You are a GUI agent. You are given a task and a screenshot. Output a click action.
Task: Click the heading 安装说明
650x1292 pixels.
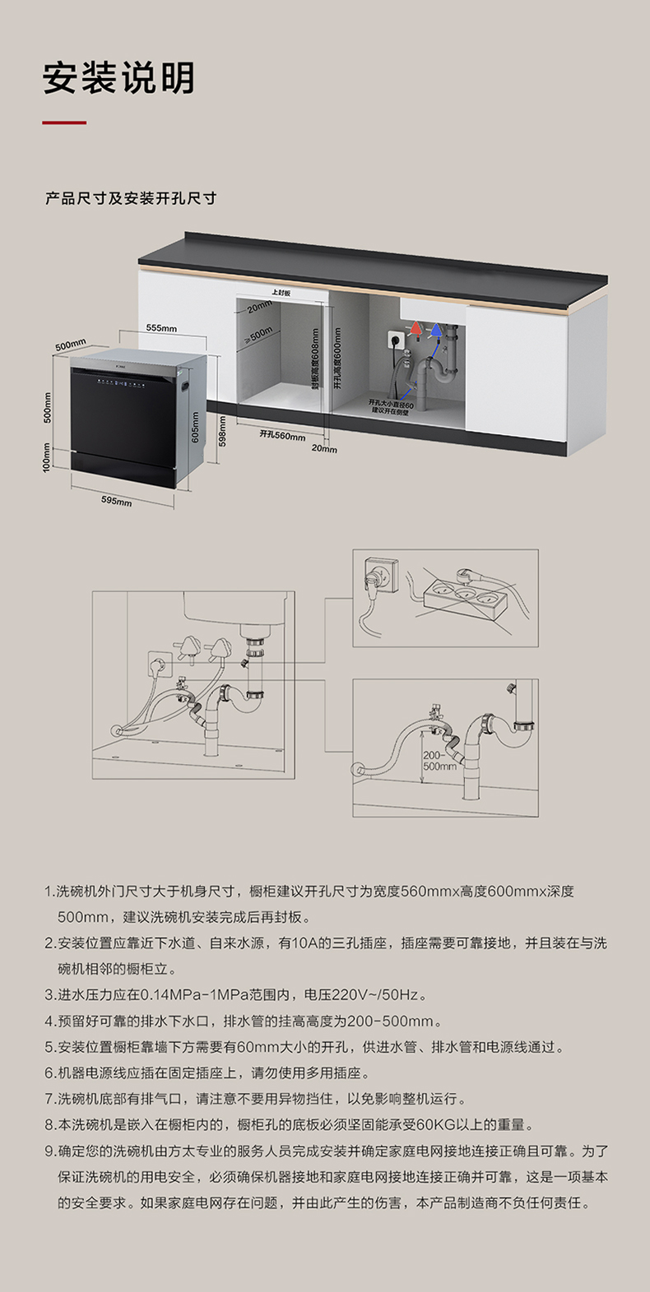click(x=118, y=78)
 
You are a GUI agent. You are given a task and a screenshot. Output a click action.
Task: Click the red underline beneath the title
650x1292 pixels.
click(x=64, y=123)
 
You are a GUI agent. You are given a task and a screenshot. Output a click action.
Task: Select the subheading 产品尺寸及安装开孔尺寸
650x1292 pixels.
click(x=131, y=199)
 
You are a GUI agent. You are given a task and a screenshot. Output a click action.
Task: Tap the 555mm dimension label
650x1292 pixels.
click(x=161, y=328)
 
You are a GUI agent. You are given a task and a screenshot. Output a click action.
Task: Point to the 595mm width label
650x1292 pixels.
click(x=116, y=501)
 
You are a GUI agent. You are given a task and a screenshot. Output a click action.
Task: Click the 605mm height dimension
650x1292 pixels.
click(x=195, y=427)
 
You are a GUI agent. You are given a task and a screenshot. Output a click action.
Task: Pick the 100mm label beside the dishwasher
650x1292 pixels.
click(x=47, y=457)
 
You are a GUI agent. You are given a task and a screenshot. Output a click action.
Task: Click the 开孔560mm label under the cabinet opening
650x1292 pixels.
click(x=282, y=435)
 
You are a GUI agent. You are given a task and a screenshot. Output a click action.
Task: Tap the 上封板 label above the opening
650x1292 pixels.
click(x=281, y=293)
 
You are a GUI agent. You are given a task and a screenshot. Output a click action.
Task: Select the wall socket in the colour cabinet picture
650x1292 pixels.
click(x=394, y=336)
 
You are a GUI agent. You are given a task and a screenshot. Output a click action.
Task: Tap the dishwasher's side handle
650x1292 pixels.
click(x=188, y=382)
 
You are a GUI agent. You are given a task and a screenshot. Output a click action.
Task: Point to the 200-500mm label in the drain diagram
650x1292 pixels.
click(x=439, y=761)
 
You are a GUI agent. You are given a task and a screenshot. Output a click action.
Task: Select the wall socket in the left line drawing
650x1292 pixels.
click(x=159, y=662)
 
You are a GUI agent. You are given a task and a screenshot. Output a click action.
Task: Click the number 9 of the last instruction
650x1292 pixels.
click(x=49, y=1151)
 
